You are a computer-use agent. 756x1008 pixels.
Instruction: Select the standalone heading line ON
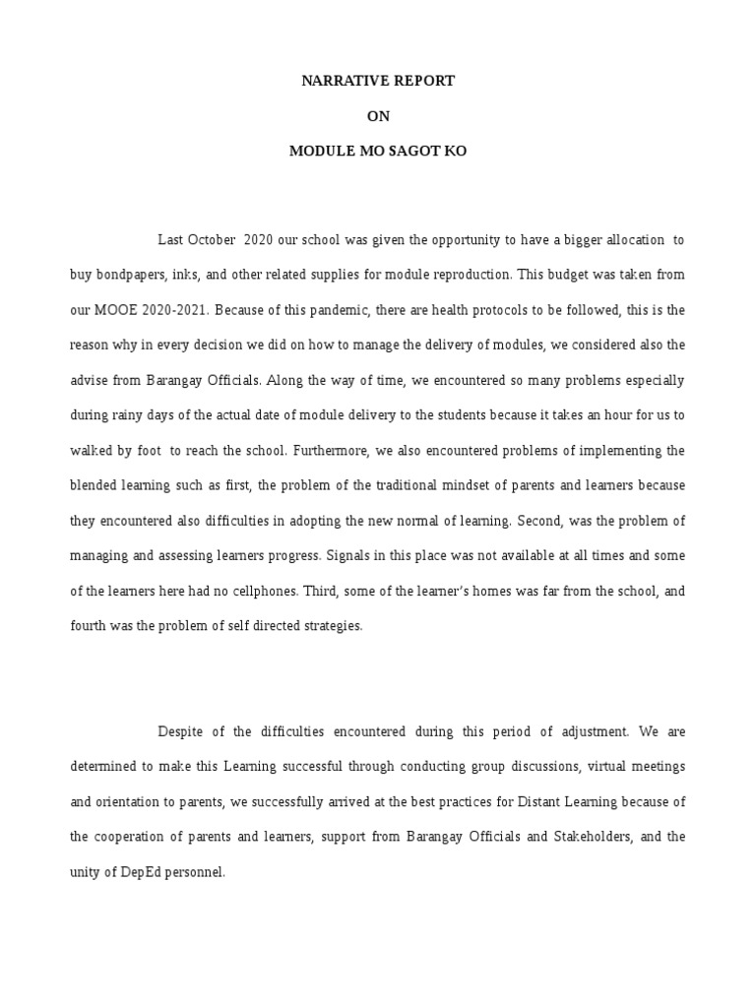tap(378, 116)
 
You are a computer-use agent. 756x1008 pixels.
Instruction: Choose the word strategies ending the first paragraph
tap(331, 626)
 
